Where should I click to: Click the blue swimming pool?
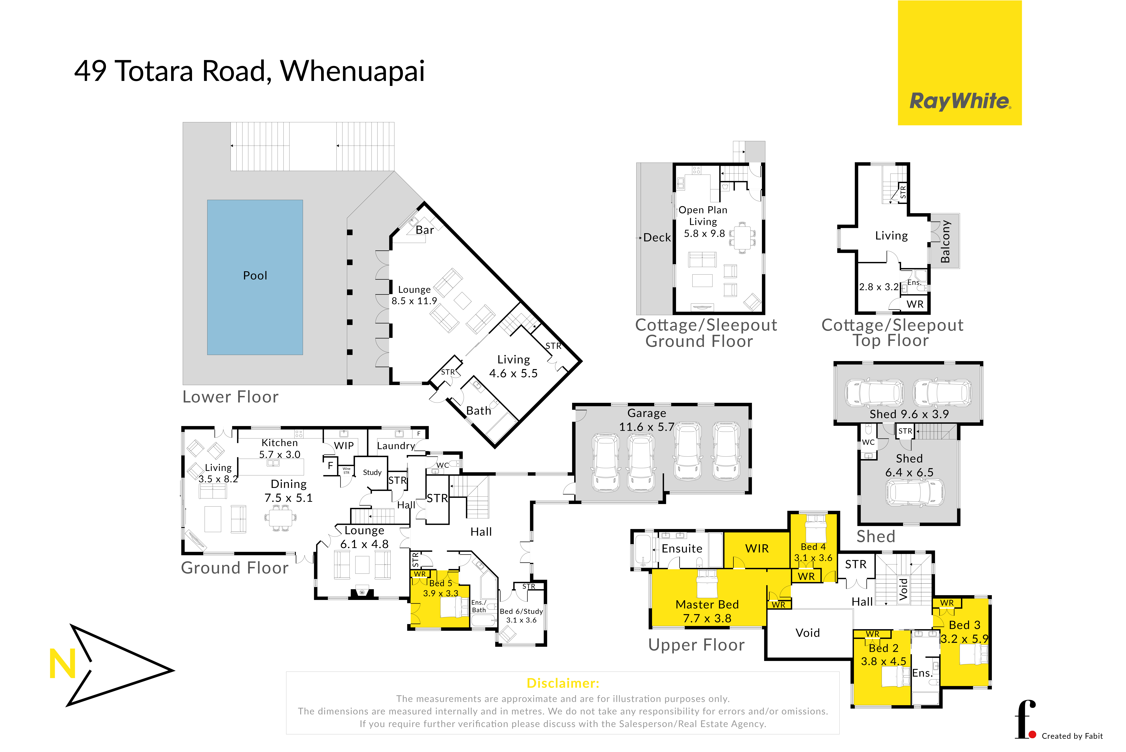click(x=255, y=277)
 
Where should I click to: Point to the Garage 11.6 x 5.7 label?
click(x=646, y=420)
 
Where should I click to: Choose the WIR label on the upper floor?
click(x=757, y=548)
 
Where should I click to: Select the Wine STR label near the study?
click(x=346, y=471)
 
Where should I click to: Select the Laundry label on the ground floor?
click(x=396, y=446)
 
